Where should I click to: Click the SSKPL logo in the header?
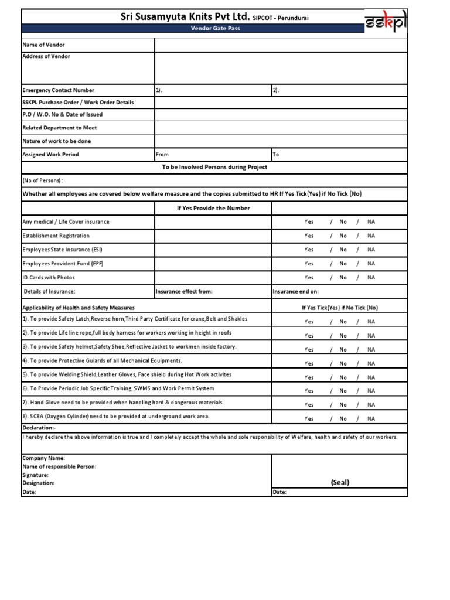385,23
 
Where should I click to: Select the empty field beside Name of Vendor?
281,45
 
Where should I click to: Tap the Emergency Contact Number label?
58,90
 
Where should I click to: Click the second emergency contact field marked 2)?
339,90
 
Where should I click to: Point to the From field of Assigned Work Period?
213,155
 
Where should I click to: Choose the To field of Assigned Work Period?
339,155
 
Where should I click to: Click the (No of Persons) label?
43,181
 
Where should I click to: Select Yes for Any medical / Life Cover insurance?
309,222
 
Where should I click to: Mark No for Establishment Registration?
343,236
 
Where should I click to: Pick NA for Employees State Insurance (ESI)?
371,250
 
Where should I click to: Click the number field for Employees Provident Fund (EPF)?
213,264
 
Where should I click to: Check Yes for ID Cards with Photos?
309,278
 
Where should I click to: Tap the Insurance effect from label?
184,291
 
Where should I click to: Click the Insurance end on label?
296,291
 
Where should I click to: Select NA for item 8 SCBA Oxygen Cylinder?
371,419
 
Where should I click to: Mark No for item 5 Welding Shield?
343,377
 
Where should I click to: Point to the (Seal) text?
340,482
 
